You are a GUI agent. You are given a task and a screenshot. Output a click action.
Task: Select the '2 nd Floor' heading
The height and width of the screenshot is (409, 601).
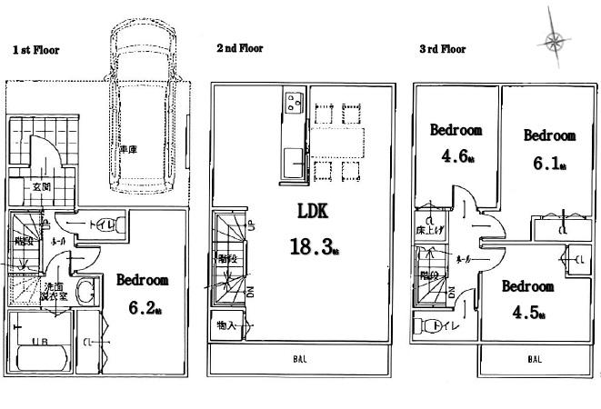(x=239, y=48)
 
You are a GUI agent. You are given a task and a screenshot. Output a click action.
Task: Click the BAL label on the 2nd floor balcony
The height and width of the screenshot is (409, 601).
(x=299, y=359)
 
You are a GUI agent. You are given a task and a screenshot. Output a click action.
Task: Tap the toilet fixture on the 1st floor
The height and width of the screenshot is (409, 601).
(x=105, y=224)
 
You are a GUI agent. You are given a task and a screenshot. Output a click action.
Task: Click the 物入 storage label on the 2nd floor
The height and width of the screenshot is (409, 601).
(x=225, y=324)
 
